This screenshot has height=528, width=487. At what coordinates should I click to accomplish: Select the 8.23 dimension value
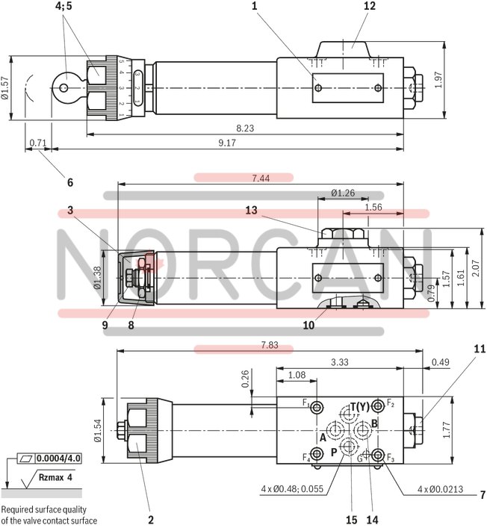[244, 128]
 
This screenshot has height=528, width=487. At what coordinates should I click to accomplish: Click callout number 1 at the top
[254, 7]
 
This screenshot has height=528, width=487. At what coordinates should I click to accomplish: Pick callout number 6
[70, 181]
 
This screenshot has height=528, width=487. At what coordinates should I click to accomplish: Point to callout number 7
[482, 494]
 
